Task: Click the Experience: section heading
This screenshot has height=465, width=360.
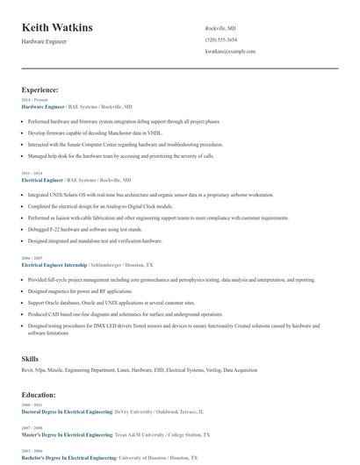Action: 40,89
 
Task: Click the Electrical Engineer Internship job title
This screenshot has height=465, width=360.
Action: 54,264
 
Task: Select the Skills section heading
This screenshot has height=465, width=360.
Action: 30,359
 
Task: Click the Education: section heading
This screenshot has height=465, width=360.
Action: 39,395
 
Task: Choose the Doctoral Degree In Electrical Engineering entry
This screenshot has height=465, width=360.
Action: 67,411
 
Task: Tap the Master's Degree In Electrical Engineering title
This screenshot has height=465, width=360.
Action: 66,434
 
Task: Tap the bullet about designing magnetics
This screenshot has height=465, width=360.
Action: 79,291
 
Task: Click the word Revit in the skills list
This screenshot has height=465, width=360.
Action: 27,370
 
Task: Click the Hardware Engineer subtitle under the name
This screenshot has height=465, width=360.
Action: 44,41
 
